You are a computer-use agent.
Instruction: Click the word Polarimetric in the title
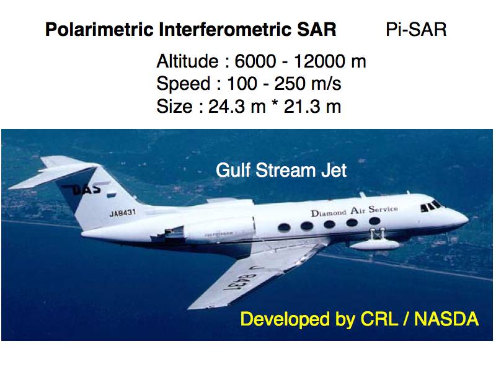99,30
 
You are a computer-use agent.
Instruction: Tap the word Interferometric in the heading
225,30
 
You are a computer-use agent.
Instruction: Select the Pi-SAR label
416,30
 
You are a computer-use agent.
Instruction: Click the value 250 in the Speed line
290,84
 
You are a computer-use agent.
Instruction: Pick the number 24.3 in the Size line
226,107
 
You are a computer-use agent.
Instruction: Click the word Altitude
187,61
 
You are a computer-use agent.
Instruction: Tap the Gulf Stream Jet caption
281,170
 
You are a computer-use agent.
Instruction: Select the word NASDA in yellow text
446,319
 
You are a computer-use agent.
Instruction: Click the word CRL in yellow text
379,319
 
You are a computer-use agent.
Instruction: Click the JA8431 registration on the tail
122,213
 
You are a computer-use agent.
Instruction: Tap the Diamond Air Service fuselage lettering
354,211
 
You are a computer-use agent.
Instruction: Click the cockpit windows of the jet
430,206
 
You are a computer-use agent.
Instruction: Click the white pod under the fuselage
375,244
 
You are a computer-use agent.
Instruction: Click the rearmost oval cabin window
284,227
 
